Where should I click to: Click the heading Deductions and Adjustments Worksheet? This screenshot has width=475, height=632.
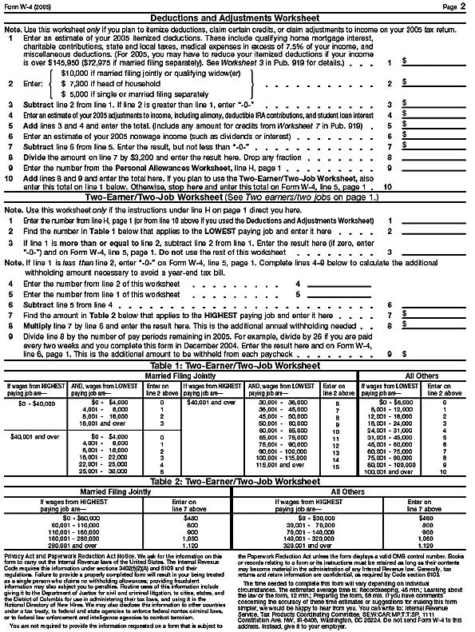[x=237, y=18]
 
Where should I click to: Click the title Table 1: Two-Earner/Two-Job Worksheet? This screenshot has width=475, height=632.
[x=237, y=364]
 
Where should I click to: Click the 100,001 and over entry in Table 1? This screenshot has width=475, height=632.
[x=386, y=471]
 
